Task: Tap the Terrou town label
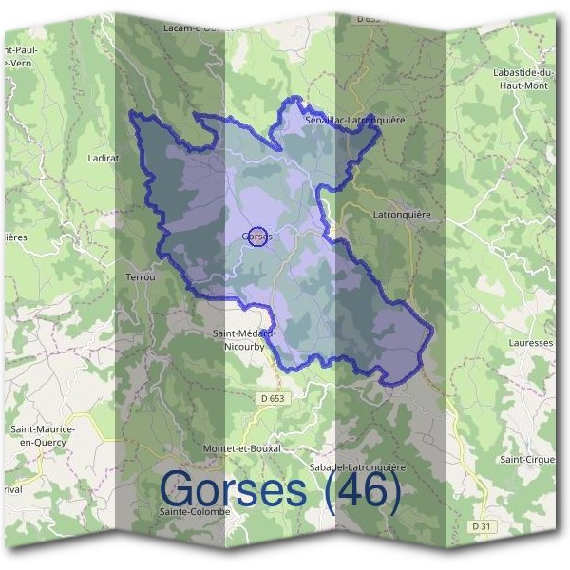point(140,276)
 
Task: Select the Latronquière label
point(402,215)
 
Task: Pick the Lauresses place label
point(530,342)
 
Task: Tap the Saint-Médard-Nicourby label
point(244,339)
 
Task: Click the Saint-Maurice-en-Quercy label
point(43,434)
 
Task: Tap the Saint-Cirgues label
point(527,460)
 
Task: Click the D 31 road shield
point(483,526)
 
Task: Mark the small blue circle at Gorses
point(256,237)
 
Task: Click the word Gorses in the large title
point(233,489)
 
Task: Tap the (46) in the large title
point(361,489)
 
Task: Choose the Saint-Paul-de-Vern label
point(21,55)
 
